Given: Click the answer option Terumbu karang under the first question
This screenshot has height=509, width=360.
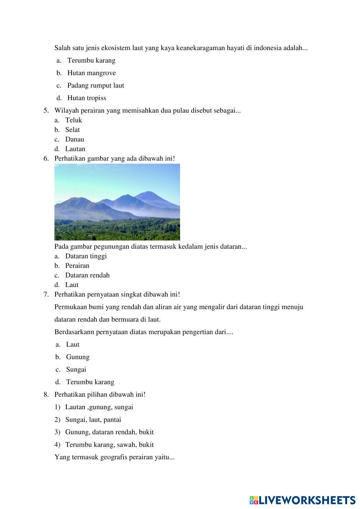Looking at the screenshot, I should [91, 60].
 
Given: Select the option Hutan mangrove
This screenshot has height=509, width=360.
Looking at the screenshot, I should [91, 73].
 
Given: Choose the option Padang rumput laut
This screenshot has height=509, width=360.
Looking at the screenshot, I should [95, 86].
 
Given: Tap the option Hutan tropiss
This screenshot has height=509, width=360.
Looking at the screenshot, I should [86, 98].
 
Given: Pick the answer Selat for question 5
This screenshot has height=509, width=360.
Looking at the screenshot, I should [72, 130].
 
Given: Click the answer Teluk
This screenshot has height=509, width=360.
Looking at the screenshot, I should [73, 120].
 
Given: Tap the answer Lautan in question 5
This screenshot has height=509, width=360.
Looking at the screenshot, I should [75, 149].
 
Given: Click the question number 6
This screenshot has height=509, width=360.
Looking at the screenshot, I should [46, 158].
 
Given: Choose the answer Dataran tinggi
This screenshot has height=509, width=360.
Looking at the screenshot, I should [86, 256].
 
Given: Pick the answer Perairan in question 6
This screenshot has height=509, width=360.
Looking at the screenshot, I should [77, 266].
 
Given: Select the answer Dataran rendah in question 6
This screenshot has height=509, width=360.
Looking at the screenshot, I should [87, 275].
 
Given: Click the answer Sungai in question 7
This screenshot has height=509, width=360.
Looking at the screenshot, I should [76, 370].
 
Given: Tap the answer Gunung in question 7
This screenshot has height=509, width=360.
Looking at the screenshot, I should [78, 357].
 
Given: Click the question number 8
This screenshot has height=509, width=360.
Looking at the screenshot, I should [46, 395].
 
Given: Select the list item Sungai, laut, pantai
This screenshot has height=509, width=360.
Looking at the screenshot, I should [93, 420].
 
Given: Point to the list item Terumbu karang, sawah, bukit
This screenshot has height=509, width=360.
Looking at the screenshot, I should [109, 445].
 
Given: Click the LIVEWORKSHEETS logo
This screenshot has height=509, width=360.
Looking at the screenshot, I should [302, 500].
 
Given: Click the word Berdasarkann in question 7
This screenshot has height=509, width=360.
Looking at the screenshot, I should [74, 332].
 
